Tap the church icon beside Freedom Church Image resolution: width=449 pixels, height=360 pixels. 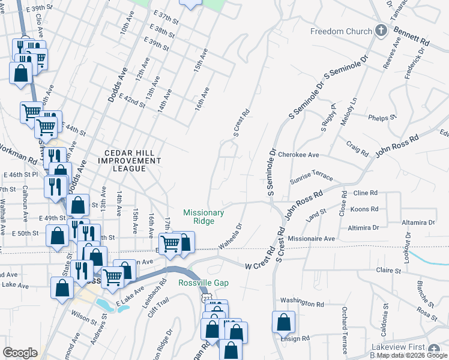tap(380, 31)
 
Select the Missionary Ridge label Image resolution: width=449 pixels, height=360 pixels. tap(203, 217)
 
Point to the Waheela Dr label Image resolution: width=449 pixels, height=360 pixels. tap(229, 236)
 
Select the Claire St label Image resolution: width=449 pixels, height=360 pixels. tap(388, 271)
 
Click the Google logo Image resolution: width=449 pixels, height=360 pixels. tap(20, 353)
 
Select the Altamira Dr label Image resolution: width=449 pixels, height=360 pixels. tap(419, 222)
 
